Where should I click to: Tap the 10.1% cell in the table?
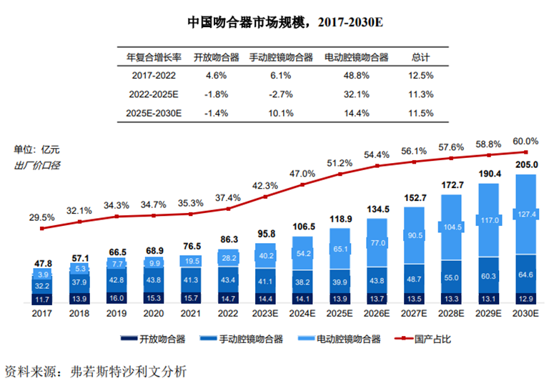pos(280,113)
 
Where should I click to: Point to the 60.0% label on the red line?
pos(525,141)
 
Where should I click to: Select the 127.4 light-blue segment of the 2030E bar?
pos(525,214)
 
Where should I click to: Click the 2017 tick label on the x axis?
pos(43,312)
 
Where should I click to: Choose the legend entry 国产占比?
pos(425,339)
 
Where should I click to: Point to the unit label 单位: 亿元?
pos(37,149)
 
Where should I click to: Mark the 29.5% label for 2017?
pos(42,217)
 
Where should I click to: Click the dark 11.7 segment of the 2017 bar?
pos(43,298)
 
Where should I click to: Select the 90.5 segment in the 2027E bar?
pos(414,235)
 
